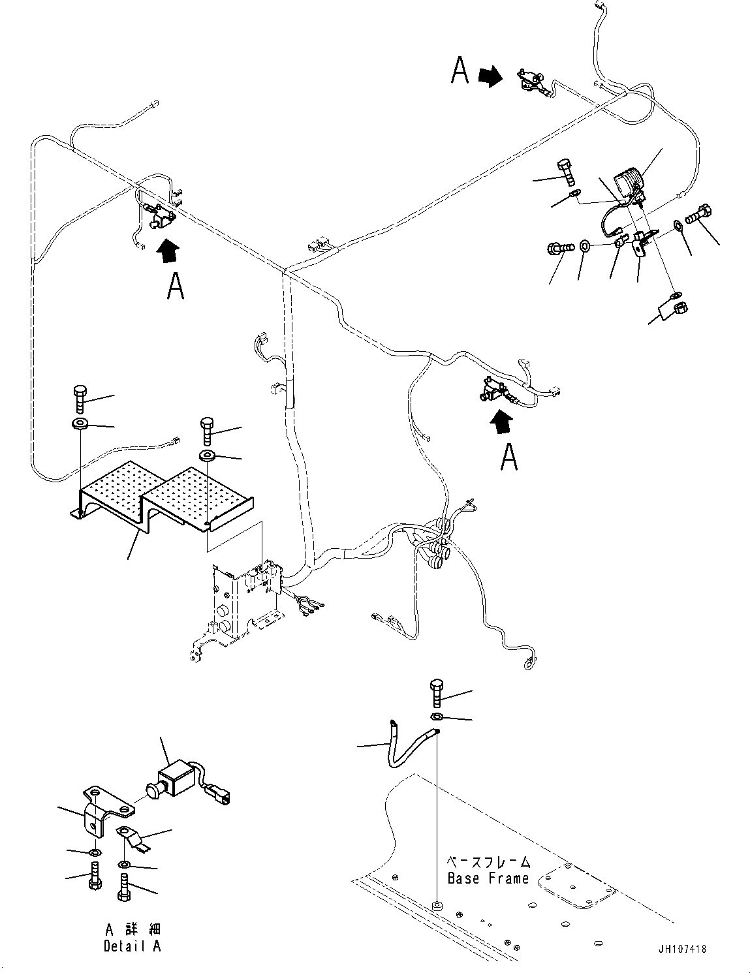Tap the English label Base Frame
click(x=488, y=878)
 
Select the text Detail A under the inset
click(x=132, y=946)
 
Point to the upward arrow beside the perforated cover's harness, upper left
click(x=168, y=251)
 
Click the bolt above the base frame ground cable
click(x=437, y=693)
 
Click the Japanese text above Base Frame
click(x=488, y=861)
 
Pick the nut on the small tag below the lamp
click(x=678, y=307)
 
